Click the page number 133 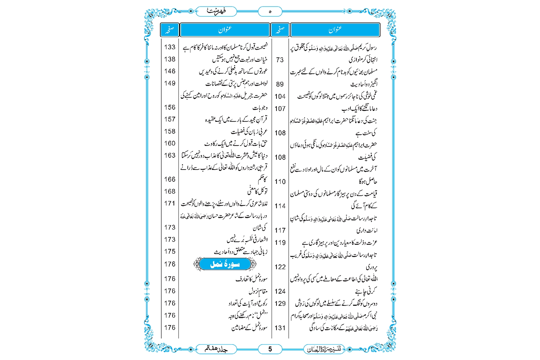[170, 47]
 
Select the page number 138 [170, 59]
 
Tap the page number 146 [170, 71]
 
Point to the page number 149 [170, 84]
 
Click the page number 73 [280, 60]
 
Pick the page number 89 [280, 84]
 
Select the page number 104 [280, 96]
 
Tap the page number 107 [280, 109]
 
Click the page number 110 [280, 182]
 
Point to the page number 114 [280, 206]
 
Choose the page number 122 [280, 267]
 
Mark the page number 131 [280, 328]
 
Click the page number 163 [170, 156]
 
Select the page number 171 [170, 203]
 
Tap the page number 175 [170, 252]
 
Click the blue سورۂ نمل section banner [225, 264]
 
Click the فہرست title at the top [216, 11]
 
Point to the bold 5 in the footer [270, 349]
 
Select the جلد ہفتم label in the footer [216, 349]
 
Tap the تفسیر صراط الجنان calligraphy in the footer [324, 349]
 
